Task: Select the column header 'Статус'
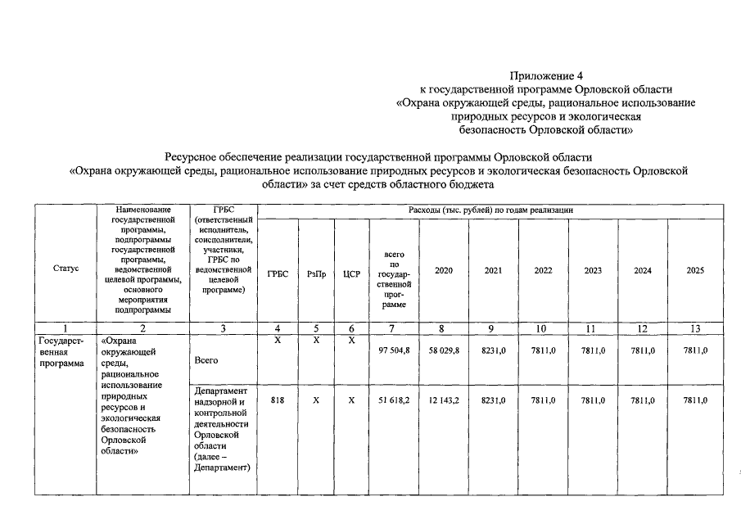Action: point(66,269)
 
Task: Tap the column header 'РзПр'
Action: point(316,273)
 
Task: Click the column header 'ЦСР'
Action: point(351,273)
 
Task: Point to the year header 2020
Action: point(444,270)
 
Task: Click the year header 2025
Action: point(695,270)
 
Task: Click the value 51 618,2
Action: point(394,400)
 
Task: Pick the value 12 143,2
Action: point(444,400)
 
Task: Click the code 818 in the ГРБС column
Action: point(278,400)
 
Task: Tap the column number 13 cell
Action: point(695,328)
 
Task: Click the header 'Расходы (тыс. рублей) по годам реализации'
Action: point(490,211)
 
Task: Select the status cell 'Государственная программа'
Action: point(61,352)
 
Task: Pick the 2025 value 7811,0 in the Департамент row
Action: point(695,400)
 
